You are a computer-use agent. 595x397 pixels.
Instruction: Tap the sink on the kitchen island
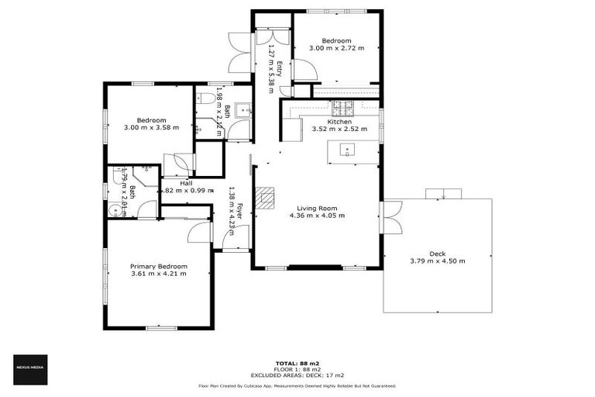click(348, 150)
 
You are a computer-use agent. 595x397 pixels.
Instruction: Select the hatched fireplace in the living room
click(265, 198)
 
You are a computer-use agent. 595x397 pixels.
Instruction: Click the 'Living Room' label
click(317, 208)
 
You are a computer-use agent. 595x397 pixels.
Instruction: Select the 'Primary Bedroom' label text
click(158, 266)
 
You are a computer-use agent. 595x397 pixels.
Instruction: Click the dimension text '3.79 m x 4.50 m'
click(437, 261)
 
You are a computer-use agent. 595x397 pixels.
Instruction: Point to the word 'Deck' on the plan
click(437, 254)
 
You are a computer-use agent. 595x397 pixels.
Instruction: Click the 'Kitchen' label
click(339, 122)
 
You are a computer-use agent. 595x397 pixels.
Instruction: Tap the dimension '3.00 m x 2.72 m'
click(336, 49)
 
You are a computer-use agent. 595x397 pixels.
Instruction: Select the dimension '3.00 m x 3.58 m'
click(151, 128)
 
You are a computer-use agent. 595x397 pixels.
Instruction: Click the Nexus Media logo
click(31, 369)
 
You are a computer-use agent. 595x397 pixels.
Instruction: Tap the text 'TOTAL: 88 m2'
click(297, 363)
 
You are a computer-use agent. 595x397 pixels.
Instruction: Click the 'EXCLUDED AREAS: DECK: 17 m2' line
click(297, 375)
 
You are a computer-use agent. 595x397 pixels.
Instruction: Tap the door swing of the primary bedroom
click(201, 231)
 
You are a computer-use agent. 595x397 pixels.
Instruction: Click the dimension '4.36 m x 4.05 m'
click(317, 216)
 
